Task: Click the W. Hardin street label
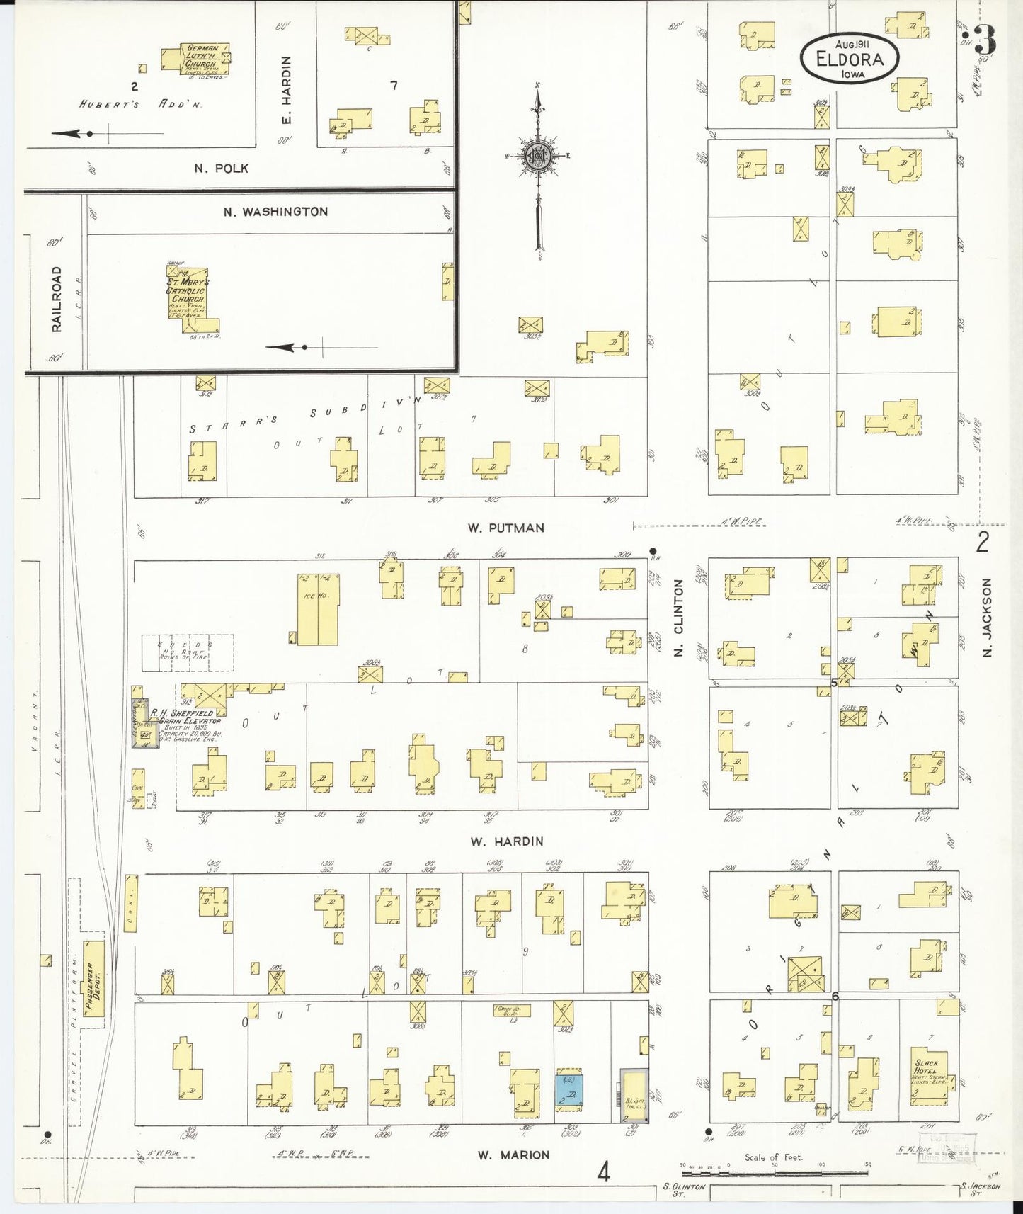[x=507, y=841]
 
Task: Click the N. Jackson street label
[x=988, y=616]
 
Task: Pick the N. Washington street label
[x=275, y=211]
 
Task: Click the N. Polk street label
[x=222, y=169]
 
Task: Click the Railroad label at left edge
[x=57, y=298]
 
